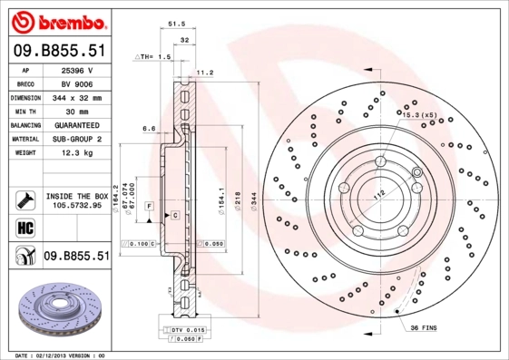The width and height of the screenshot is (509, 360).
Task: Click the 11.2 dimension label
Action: click(204, 73)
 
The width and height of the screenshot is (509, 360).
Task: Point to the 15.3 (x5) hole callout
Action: click(419, 115)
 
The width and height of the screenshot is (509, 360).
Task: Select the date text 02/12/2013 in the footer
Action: click(59, 355)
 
